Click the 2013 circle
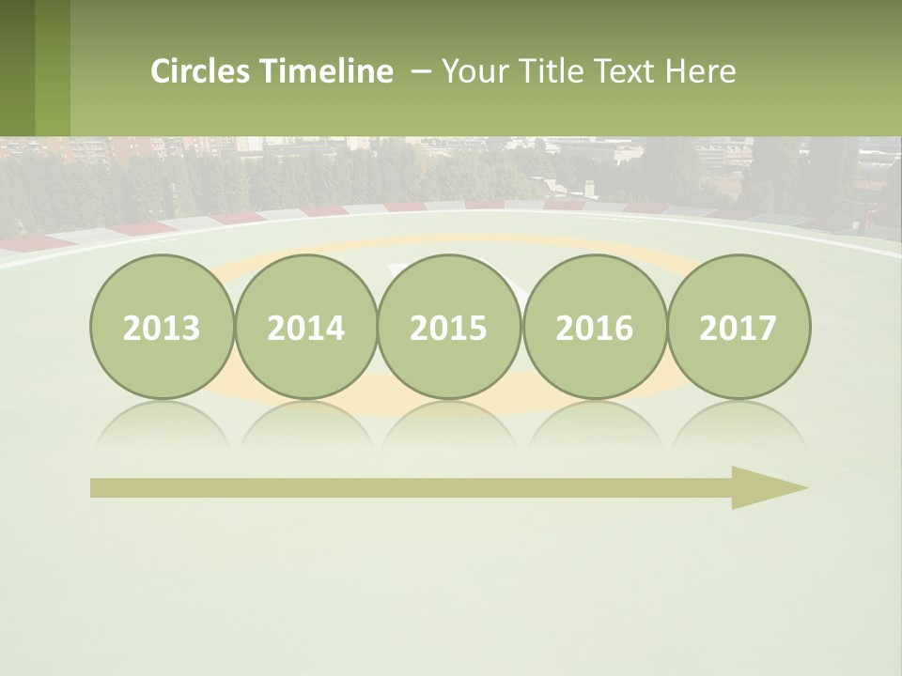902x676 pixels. click(162, 328)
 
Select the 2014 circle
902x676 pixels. click(305, 328)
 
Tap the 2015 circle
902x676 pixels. click(449, 328)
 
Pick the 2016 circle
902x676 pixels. click(594, 328)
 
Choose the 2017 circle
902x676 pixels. click(739, 328)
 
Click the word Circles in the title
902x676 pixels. click(201, 71)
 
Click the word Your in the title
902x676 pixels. click(472, 71)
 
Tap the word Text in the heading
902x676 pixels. click(625, 71)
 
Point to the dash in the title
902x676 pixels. click(422, 71)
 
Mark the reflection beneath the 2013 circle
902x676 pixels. click(162, 422)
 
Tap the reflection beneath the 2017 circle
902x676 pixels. click(739, 422)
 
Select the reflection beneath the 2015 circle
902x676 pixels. click(449, 422)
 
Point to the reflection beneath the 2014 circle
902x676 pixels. click(305, 422)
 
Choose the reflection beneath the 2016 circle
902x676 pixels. click(594, 422)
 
